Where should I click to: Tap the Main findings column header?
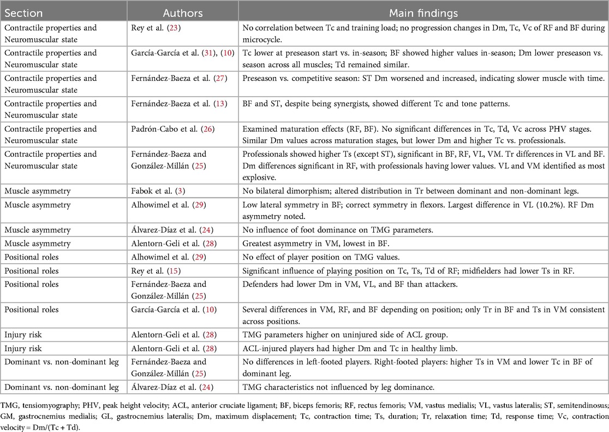tap(423, 13)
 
